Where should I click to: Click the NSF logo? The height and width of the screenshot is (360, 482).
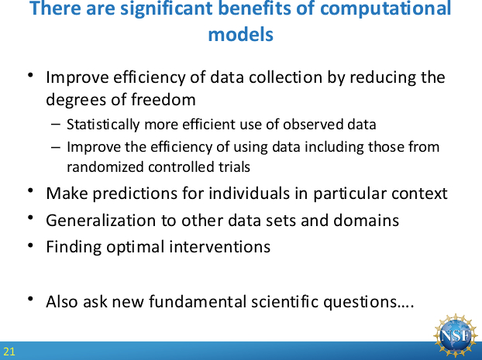[455, 335]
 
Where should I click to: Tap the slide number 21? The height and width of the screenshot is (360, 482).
[9, 351]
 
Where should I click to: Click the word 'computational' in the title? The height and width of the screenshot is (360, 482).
[385, 9]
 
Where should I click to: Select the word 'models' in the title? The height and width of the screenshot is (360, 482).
[241, 34]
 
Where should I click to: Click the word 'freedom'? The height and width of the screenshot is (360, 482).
[164, 100]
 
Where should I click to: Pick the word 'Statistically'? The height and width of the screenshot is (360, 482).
[103, 125]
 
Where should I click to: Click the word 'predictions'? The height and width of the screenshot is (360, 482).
[135, 194]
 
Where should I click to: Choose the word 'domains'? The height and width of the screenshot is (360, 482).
[366, 221]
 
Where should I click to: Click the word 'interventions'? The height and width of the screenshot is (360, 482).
[220, 247]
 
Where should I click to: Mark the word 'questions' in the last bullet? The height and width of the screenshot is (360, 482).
[360, 303]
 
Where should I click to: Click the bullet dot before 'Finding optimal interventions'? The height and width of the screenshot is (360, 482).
[30, 245]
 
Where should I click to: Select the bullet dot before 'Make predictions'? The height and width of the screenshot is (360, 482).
[30, 190]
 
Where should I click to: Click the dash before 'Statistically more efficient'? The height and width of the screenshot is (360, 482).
[55, 125]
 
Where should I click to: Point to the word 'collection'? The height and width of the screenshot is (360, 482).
[285, 77]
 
